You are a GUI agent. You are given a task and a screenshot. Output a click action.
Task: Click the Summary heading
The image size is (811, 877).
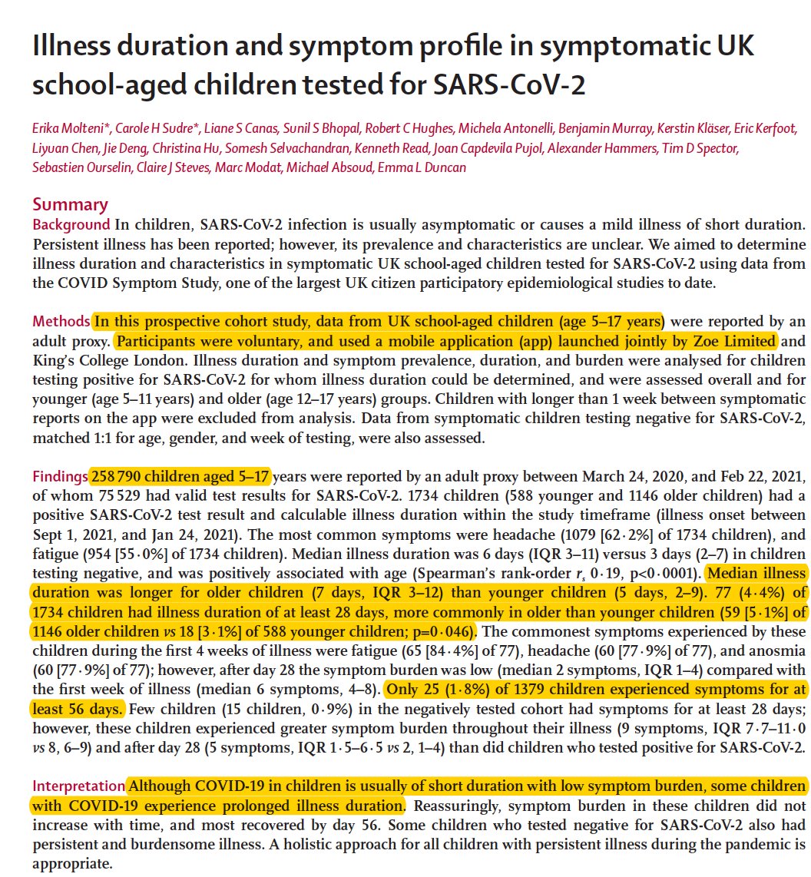70,205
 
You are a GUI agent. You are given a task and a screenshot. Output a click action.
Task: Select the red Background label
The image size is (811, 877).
71,225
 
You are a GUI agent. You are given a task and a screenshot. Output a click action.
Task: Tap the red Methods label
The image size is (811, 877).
61,321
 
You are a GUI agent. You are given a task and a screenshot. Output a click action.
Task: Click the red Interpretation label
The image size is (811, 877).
78,786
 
